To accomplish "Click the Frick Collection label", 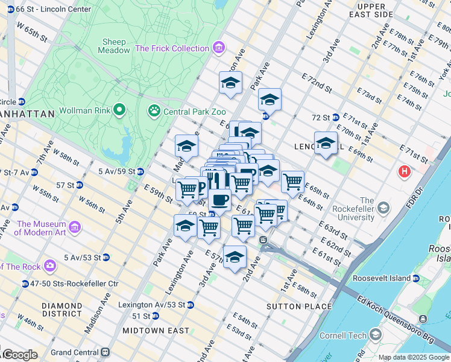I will tap(172, 48).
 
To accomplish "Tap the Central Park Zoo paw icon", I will tap(154, 110).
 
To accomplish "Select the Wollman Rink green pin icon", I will tap(119, 110).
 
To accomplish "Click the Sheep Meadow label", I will tap(115, 46).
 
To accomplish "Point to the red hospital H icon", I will tap(404, 172).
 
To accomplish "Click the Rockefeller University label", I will tap(356, 209).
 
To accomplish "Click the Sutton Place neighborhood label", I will tap(299, 306).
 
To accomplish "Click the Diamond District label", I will tap(62, 310).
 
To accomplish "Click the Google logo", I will tap(19, 355).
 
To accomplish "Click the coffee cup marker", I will tap(220, 200).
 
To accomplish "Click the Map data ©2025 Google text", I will tap(413, 357).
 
